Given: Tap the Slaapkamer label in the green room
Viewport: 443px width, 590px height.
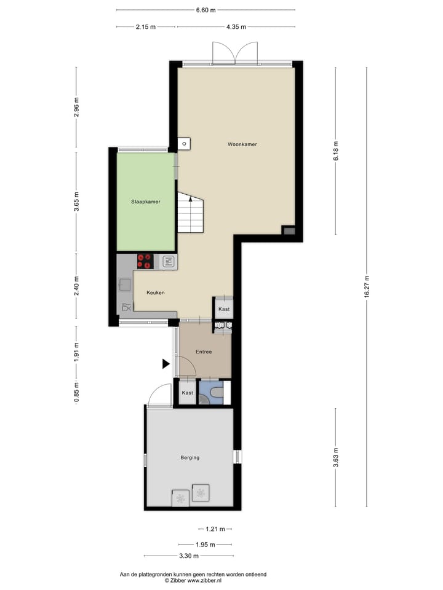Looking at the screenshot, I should pyautogui.click(x=145, y=201).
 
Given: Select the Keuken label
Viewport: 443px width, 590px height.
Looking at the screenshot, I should pyautogui.click(x=155, y=293).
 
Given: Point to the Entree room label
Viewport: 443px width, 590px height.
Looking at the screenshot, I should pyautogui.click(x=204, y=352).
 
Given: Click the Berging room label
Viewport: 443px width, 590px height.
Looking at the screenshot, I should pyautogui.click(x=190, y=458).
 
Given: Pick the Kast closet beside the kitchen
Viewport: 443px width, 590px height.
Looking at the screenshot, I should pyautogui.click(x=224, y=309).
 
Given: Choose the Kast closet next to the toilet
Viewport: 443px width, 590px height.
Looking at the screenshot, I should pyautogui.click(x=188, y=393).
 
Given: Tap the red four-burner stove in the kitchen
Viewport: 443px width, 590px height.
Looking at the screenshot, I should pyautogui.click(x=145, y=261).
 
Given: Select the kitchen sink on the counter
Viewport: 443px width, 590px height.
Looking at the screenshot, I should pyautogui.click(x=125, y=285).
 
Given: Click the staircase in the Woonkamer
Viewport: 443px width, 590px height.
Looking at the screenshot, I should pyautogui.click(x=190, y=213).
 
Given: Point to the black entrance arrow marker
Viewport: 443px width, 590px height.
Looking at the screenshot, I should pyautogui.click(x=166, y=364).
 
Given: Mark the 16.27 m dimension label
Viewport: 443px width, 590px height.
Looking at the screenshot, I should pyautogui.click(x=367, y=286).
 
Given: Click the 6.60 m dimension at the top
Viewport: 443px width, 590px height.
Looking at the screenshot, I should pyautogui.click(x=206, y=10).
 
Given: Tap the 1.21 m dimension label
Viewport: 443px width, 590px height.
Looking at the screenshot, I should pyautogui.click(x=215, y=529).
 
